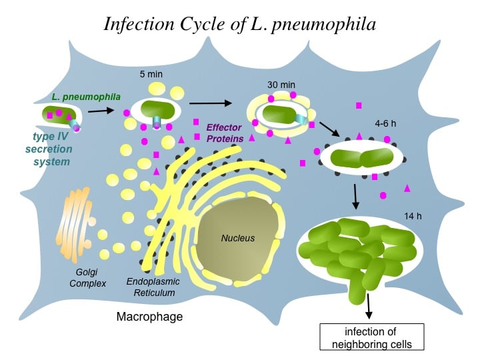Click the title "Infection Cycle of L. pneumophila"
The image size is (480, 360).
click(x=240, y=24)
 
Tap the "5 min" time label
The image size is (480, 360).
click(x=152, y=73)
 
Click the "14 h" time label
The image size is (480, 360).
click(x=414, y=216)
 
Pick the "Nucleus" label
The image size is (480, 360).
click(x=238, y=238)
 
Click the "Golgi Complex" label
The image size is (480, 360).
click(x=82, y=278)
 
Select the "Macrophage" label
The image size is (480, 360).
click(x=149, y=317)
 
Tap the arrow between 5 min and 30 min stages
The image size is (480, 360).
click(x=210, y=103)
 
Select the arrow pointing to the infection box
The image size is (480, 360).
click(x=369, y=306)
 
